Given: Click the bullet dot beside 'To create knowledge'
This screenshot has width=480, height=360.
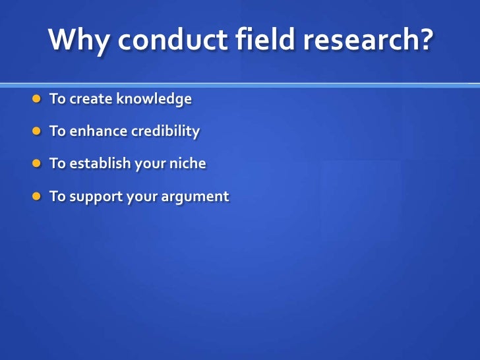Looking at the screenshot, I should point(37,100).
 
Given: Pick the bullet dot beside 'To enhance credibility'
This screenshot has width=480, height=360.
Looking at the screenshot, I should point(37,132).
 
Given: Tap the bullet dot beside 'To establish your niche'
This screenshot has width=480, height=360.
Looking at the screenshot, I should point(37,164).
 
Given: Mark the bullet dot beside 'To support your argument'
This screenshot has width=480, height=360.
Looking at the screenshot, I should point(37,196).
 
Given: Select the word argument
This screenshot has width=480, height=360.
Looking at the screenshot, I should point(196,196).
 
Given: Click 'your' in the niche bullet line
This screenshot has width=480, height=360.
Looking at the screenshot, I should point(149,164).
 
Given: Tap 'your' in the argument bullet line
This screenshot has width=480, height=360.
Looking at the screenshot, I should point(142,196).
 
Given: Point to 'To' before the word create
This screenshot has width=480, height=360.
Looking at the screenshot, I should point(57,100).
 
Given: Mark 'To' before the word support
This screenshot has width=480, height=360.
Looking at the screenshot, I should point(57,196).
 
